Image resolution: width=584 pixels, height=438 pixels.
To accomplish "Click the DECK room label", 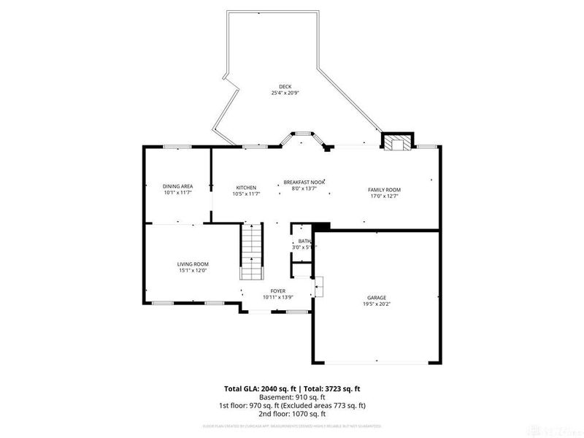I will pos(274,87).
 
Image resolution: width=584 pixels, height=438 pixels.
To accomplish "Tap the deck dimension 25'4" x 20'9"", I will pos(274,93).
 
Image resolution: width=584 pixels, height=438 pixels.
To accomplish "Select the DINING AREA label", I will pos(177,187).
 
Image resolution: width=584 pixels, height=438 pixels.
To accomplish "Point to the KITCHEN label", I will pos(245,187).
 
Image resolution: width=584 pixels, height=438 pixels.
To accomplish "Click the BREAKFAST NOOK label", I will pos(304,182).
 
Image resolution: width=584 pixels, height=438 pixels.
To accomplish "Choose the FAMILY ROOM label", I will pos(384,190).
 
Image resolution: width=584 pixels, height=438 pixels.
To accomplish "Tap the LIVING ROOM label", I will pos(193,264).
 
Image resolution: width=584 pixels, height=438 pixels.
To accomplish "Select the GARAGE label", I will pos(377,298).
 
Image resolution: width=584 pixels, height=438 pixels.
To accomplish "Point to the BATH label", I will pos(304,241).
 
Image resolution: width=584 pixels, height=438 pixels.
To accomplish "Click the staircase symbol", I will pos(251,252).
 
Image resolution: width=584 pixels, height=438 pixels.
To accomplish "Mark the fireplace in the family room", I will pos(398,142).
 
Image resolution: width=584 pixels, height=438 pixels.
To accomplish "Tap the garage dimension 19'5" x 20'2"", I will pos(377,304).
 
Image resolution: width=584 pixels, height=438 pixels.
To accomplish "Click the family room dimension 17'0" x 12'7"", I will pos(384,196).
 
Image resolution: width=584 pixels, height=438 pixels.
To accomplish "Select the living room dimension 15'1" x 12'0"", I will pos(193,271).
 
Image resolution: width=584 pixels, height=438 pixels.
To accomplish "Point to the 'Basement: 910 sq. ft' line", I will pos(292,397).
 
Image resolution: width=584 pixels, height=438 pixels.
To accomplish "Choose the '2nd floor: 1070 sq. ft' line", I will pos(292,413).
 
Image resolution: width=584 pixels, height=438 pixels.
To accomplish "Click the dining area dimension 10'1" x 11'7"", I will pos(177,193).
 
